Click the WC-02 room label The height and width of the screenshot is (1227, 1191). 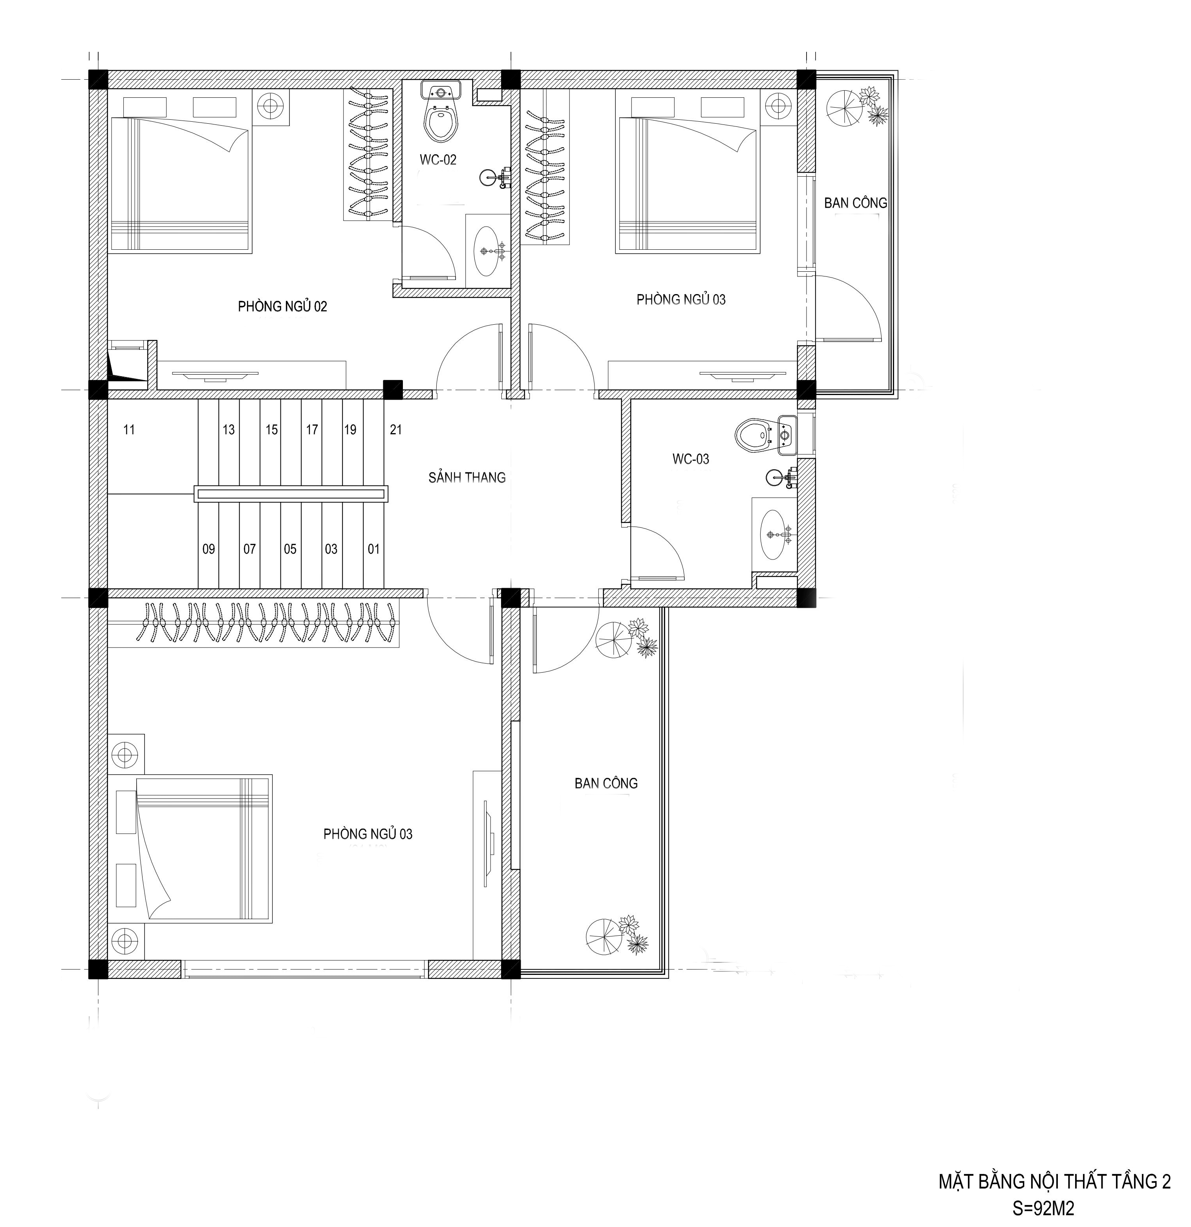click(438, 160)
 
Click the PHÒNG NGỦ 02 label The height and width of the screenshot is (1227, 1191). click(282, 306)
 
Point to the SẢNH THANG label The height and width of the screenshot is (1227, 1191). click(467, 478)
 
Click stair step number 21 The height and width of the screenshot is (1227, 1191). click(396, 430)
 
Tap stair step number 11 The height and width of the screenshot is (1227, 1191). click(129, 430)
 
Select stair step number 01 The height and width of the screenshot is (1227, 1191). click(374, 549)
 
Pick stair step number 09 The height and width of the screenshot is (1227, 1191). click(209, 549)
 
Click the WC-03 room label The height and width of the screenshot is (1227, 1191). click(691, 459)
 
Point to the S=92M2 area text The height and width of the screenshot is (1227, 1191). click(1043, 1208)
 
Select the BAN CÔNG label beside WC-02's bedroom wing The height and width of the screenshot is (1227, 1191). click(855, 203)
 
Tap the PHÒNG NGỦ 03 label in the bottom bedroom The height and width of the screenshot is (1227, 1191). click(368, 834)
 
